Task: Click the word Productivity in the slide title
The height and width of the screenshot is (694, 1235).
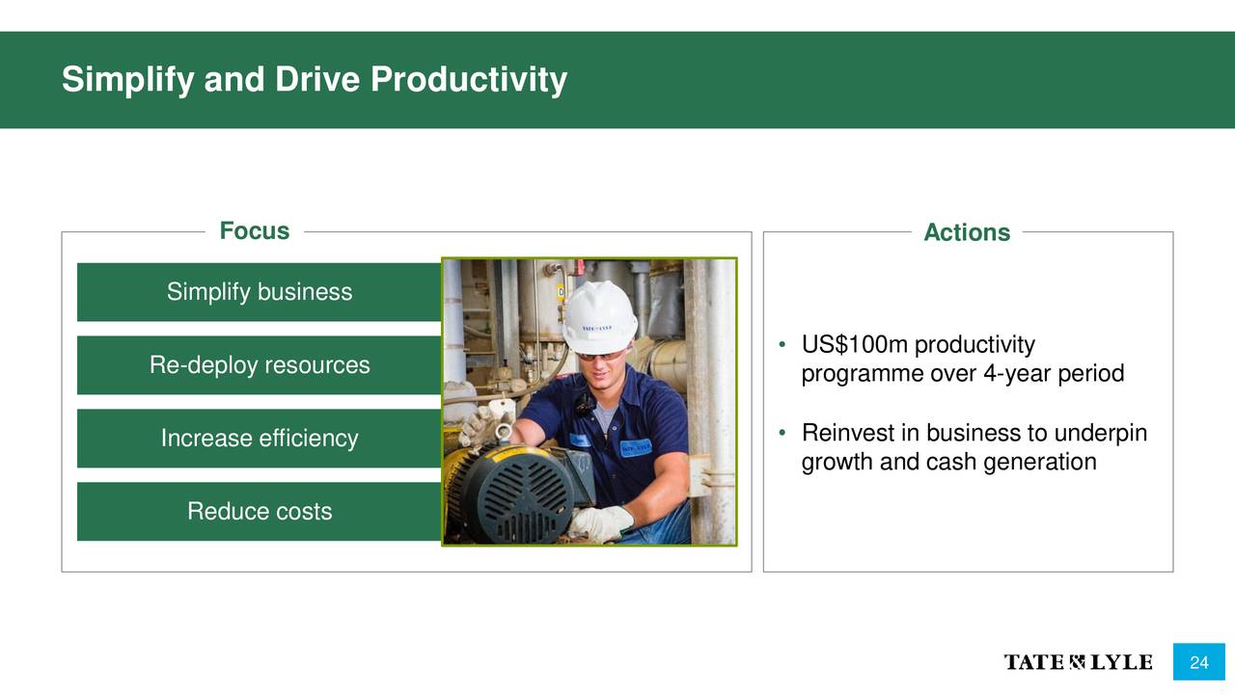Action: coord(469,79)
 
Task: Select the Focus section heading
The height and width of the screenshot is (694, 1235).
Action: coord(254,230)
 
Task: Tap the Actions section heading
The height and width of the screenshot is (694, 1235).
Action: coord(967,232)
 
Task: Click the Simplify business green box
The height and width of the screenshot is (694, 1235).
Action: coord(260,292)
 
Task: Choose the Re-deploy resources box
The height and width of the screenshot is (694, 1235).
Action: coord(260,365)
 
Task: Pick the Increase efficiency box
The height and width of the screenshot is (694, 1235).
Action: coord(260,439)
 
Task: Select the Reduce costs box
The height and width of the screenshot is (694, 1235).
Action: coord(260,512)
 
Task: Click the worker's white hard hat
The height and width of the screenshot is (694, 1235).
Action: coord(599,317)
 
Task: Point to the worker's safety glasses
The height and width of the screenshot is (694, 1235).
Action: coord(601,356)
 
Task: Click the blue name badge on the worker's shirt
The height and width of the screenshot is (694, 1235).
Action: coord(636,448)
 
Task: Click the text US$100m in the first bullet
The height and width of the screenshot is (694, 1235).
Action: coord(855,345)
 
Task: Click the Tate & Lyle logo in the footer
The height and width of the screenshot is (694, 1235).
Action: coord(1078,662)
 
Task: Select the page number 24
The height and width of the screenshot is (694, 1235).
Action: coord(1199,662)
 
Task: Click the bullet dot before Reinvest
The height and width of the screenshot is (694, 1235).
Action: coord(782,433)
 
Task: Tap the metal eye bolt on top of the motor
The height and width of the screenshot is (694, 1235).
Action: coord(504,434)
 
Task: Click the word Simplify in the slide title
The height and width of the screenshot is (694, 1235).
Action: coord(128,79)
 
